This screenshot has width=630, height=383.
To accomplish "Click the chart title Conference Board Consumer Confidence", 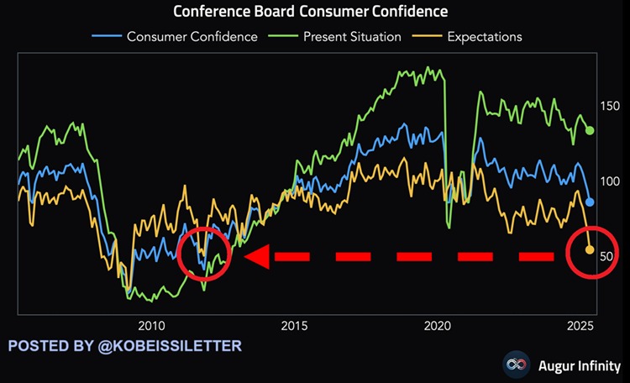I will point(311,12).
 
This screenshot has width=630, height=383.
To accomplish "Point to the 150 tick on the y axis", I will point(608,106).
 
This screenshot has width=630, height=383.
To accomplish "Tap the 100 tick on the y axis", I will point(608,181).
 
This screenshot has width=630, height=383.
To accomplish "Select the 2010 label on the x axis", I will point(151,325).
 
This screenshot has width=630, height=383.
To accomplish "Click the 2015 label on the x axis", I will point(295,325).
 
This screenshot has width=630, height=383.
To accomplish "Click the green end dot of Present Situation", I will point(590,131).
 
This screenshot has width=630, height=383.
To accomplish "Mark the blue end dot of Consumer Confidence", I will point(590,202).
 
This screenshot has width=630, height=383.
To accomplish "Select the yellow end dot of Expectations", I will point(590,249).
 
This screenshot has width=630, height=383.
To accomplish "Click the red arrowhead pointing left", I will point(257,256).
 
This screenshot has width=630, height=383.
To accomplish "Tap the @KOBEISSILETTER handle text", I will point(175,345).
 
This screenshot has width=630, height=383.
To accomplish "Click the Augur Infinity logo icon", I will point(514,365).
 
